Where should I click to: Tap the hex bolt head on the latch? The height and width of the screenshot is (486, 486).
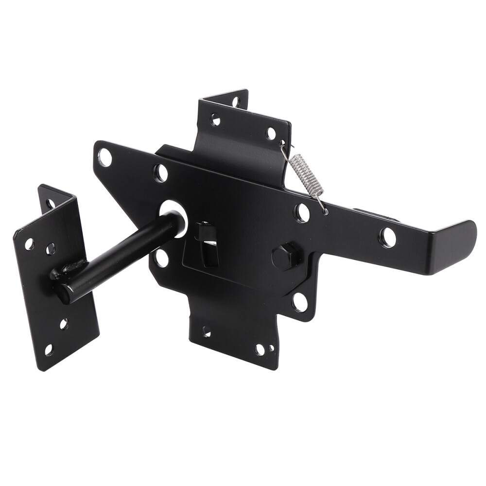point(285,256)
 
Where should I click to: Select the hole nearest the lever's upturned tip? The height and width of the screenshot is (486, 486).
point(387,237)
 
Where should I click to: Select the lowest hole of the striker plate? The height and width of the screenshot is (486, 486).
point(49,349)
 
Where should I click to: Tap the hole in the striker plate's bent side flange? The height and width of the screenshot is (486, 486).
point(50,204)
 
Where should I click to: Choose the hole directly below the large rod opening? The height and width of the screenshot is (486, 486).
point(161,258)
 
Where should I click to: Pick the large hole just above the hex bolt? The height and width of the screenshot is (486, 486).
point(302,212)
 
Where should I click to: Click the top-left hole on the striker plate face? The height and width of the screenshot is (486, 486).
point(30,243)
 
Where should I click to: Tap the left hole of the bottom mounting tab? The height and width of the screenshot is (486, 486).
point(207,332)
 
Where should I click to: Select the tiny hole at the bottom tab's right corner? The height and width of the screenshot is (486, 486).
point(271,348)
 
